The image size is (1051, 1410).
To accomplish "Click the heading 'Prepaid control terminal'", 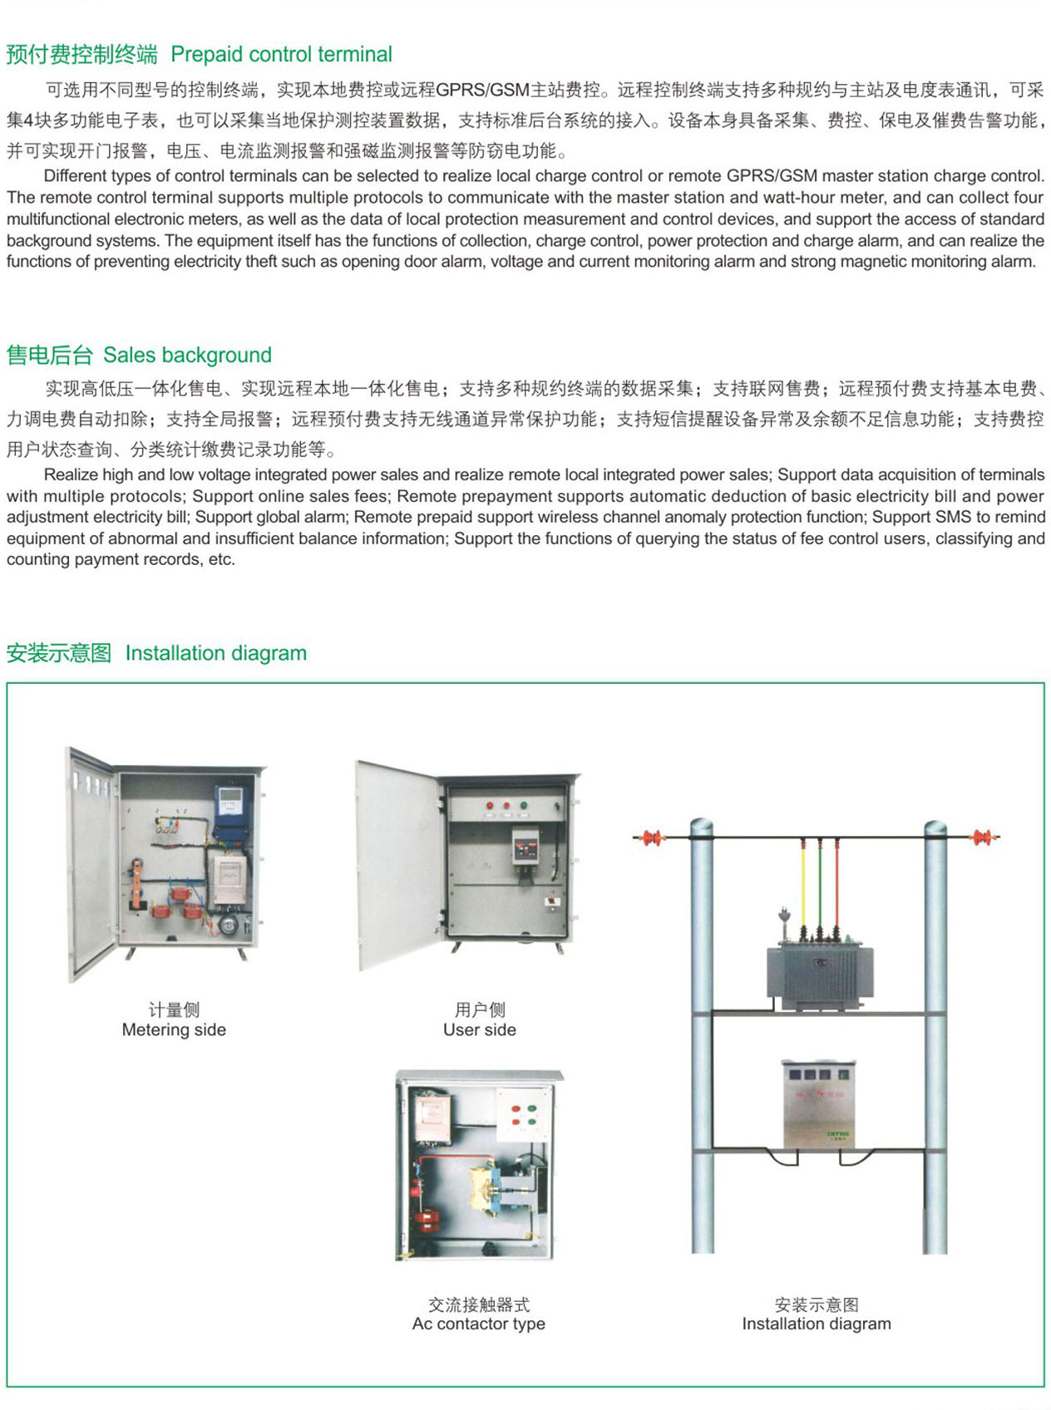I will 281,55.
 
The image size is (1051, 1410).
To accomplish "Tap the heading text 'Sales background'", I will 187,356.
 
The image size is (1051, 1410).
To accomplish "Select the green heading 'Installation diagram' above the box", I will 215,653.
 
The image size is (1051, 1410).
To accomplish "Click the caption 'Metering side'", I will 174,1030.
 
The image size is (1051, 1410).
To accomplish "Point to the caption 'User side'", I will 479,1030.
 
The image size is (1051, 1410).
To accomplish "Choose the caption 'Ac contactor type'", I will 478,1324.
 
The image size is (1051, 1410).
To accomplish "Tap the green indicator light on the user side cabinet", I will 524,805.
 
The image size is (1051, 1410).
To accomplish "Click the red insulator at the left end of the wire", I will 651,838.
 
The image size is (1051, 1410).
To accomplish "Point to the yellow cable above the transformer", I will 803,881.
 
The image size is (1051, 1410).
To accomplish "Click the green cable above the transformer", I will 820,881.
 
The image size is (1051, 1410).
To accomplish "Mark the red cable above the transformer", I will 836,881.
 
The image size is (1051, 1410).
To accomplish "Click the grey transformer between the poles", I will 819,974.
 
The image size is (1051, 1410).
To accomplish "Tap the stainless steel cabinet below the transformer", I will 818,1105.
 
